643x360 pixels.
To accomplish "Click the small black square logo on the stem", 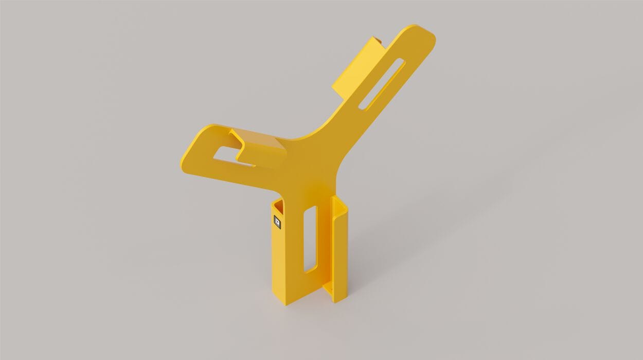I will (277, 222).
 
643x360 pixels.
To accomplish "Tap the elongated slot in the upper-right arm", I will (382, 84).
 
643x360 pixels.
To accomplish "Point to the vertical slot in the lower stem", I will (310, 239).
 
